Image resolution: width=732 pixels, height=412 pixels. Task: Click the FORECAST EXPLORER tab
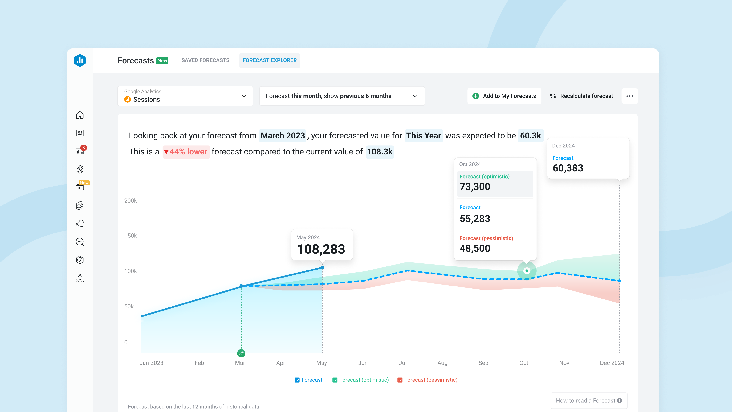269,60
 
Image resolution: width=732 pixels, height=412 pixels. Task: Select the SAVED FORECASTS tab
205,60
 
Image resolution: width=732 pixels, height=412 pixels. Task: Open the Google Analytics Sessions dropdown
185,96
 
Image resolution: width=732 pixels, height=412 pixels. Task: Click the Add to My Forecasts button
504,96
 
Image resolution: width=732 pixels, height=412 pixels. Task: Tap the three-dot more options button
629,96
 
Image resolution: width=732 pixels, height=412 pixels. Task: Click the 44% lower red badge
186,152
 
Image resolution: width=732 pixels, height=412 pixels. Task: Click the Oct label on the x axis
523,363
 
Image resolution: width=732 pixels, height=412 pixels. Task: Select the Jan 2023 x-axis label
151,363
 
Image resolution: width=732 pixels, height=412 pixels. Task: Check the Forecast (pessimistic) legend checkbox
400,380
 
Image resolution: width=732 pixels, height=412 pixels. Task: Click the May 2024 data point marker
322,268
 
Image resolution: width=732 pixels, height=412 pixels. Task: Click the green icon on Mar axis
241,353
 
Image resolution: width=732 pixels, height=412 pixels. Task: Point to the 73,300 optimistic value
475,187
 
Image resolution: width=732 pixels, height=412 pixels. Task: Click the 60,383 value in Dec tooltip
568,168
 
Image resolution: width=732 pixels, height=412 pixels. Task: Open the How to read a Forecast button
588,401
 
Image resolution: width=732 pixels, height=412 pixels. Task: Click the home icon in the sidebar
80,115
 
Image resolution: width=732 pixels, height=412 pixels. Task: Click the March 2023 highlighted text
283,136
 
